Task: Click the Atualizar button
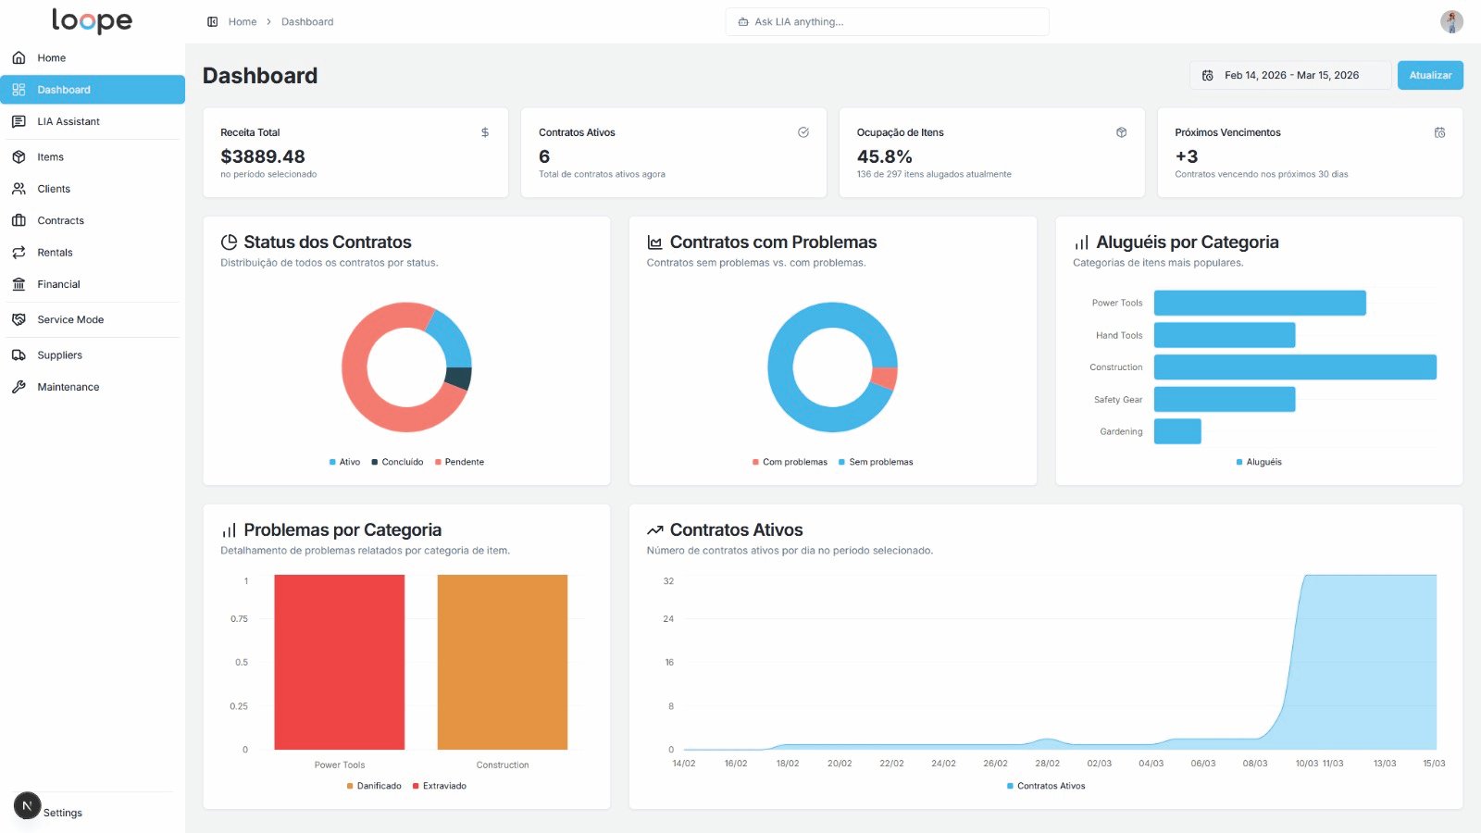[1429, 75]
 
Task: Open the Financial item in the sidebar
[58, 284]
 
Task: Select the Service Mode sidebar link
[70, 319]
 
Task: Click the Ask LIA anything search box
[887, 21]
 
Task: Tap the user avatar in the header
[1450, 21]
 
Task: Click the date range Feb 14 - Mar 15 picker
[1289, 75]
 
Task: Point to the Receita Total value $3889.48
[263, 156]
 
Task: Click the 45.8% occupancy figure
[884, 156]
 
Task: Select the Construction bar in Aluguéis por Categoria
[1294, 367]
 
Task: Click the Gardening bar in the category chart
[1176, 431]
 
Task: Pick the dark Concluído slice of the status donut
[459, 378]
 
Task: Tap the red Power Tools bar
[339, 662]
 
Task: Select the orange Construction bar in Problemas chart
[502, 662]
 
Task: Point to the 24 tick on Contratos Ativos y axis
[668, 618]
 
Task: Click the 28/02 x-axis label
[1047, 764]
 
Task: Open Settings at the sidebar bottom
[62, 813]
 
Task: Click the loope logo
[92, 20]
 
